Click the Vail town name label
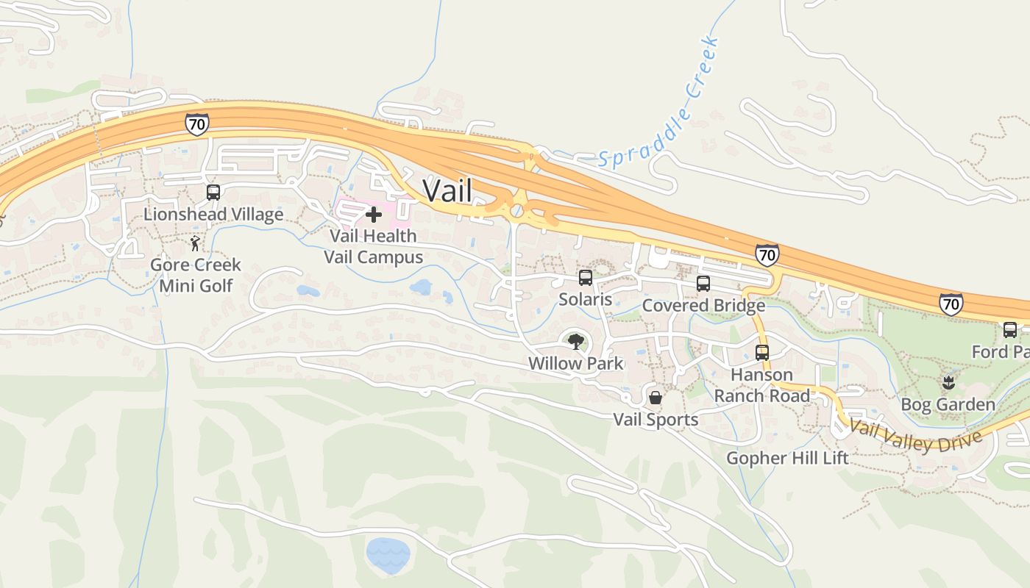(x=447, y=190)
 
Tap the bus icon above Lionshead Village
(x=213, y=193)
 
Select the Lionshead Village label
(x=213, y=215)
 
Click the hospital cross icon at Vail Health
(x=374, y=215)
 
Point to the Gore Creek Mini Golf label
(x=196, y=275)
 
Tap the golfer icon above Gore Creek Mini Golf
(x=195, y=243)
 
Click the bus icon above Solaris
(x=586, y=278)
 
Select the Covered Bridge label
(x=703, y=305)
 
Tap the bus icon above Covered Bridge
(x=703, y=284)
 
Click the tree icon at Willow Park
(x=575, y=341)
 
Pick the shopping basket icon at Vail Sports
(x=656, y=398)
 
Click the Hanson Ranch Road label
(x=762, y=385)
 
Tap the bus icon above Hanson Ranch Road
(x=762, y=353)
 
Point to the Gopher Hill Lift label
(x=787, y=458)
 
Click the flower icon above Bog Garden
(x=948, y=382)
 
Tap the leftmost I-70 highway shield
(x=196, y=124)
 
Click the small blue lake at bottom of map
(x=387, y=555)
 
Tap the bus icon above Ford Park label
(x=1010, y=330)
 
